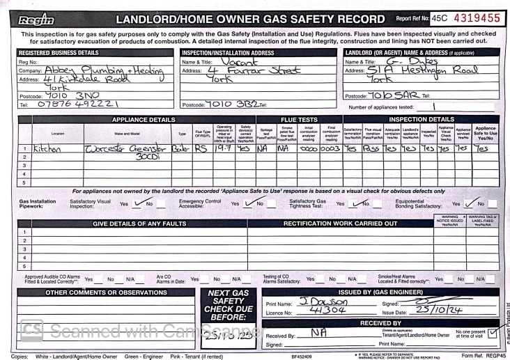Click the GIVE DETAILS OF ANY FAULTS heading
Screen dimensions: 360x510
[141, 223]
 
